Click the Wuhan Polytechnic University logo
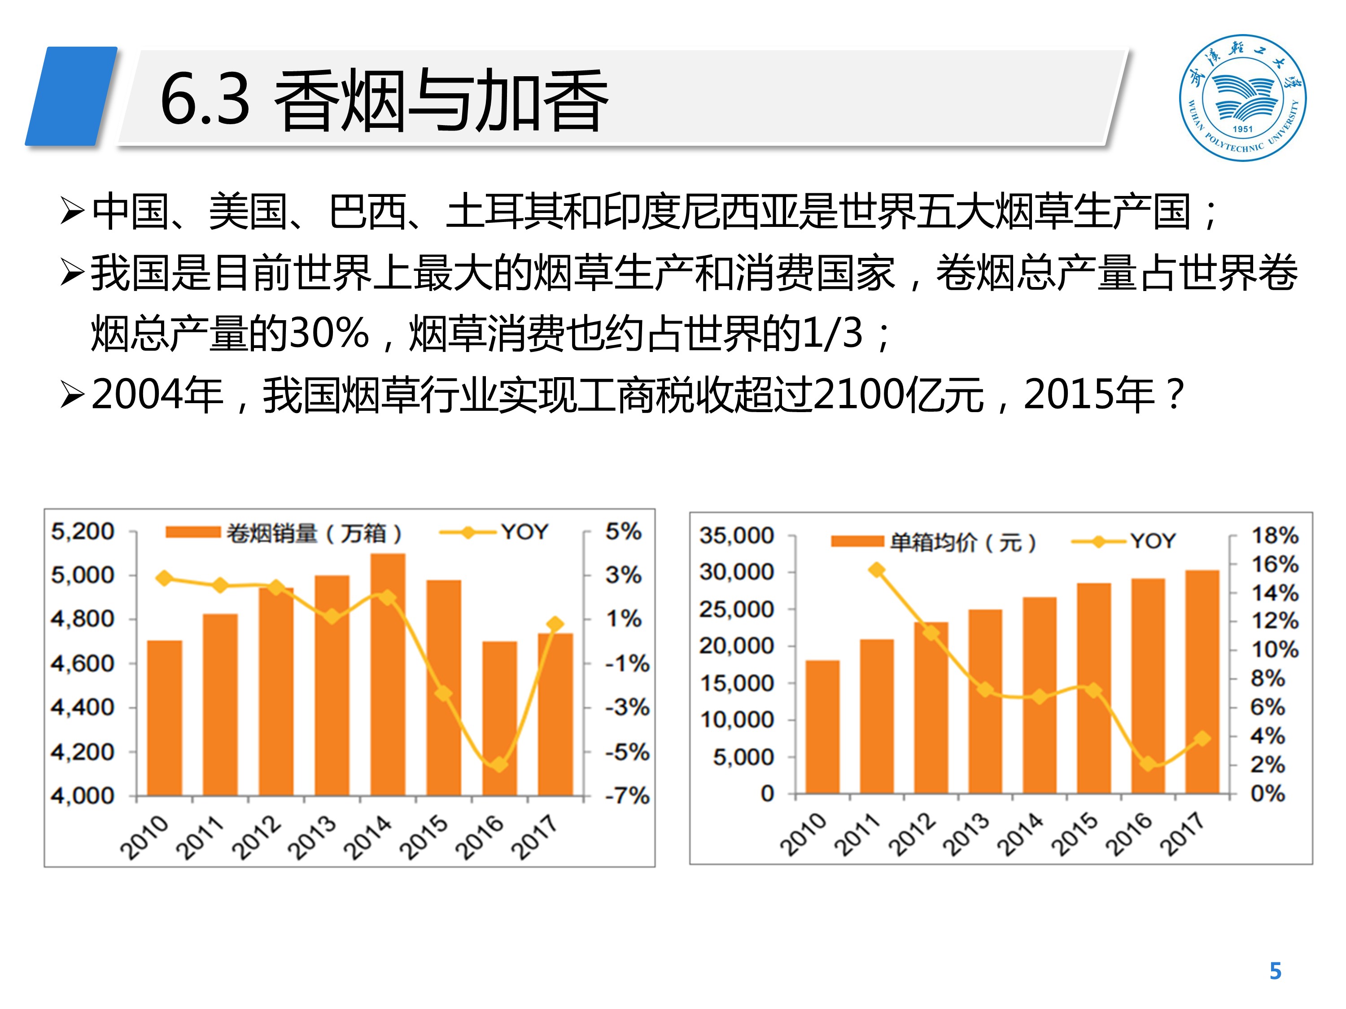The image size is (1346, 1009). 1242,97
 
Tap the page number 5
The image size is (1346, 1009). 1276,971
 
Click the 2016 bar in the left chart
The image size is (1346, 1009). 499,718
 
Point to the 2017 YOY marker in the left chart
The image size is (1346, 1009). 555,624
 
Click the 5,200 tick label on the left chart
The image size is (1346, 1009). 82,531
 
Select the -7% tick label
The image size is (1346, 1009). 627,795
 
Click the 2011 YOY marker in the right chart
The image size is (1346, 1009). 877,570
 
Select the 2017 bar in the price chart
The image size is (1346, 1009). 1202,681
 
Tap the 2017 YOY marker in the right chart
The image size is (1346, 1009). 1202,738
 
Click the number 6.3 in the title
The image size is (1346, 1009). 205,99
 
